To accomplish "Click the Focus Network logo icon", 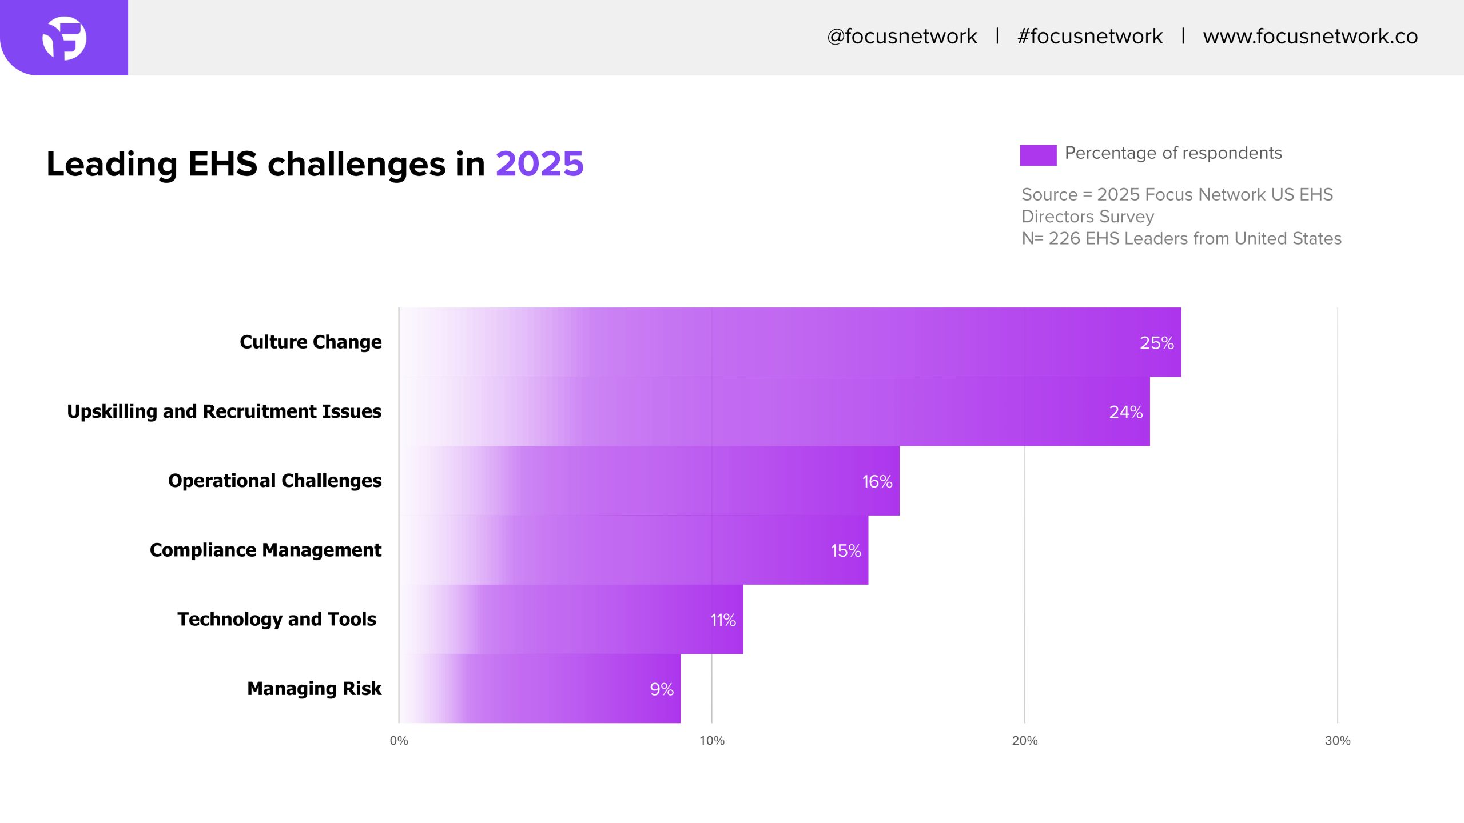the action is point(65,38).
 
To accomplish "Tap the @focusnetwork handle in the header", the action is point(902,37).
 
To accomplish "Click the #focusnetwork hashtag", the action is point(1090,37).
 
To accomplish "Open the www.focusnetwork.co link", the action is point(1310,37).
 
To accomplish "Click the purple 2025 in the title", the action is point(539,164).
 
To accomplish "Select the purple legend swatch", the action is point(1038,155).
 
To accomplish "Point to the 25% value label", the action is point(1156,343).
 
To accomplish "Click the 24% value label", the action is point(1125,412).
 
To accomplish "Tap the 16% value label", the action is point(877,482).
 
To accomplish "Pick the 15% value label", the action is point(846,551).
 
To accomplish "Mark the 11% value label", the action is point(723,620).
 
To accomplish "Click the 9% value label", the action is point(662,689).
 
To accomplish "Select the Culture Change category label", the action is point(311,342).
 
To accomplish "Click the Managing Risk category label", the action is point(314,689).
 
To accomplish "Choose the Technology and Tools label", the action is point(277,619).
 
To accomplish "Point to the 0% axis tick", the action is point(399,741).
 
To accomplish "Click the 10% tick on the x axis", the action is point(711,741).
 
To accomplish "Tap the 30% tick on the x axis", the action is point(1338,741).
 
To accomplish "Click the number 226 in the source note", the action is point(1064,239).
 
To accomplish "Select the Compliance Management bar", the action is point(634,550).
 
